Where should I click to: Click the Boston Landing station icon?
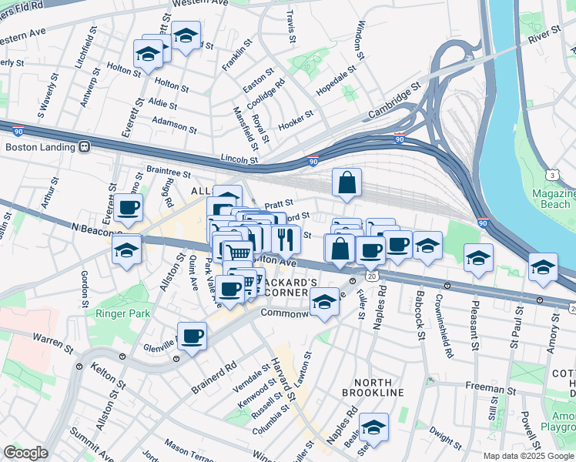(x=82, y=146)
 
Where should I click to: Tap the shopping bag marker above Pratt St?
(x=347, y=182)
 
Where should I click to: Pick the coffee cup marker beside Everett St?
(x=129, y=206)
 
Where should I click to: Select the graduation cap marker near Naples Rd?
(x=373, y=427)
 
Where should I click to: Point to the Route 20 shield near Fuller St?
(x=372, y=275)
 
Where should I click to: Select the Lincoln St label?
(x=238, y=159)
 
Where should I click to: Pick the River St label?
(x=544, y=35)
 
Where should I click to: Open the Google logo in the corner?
(x=25, y=453)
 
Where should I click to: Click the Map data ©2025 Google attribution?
(x=527, y=456)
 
